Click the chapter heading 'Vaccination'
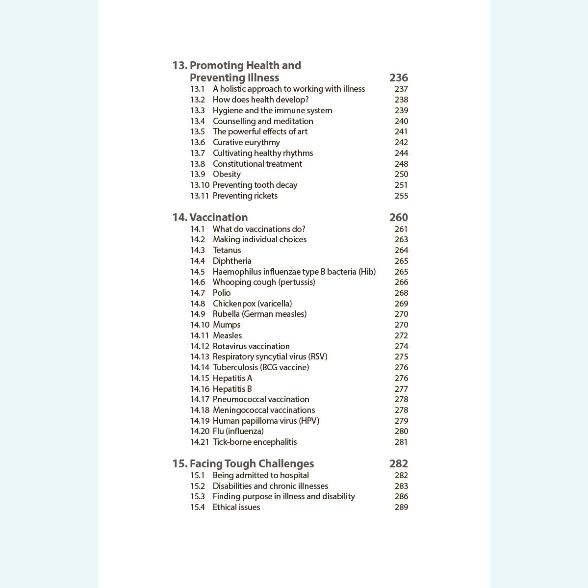(218, 217)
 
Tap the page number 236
(398, 77)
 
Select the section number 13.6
(197, 142)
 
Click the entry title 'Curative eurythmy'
(246, 142)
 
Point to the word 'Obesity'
(227, 174)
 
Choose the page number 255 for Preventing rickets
(401, 196)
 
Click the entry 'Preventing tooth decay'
(255, 185)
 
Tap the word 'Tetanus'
(227, 250)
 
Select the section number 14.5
(197, 272)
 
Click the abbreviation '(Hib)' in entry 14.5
(367, 272)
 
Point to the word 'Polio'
(222, 293)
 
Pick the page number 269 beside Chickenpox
(401, 304)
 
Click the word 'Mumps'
(227, 325)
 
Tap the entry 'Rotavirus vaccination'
(251, 346)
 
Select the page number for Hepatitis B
(401, 389)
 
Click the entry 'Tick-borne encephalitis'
(255, 442)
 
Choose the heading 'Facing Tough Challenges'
(252, 463)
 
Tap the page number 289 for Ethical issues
(401, 507)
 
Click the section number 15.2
(197, 486)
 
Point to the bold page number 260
(398, 217)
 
